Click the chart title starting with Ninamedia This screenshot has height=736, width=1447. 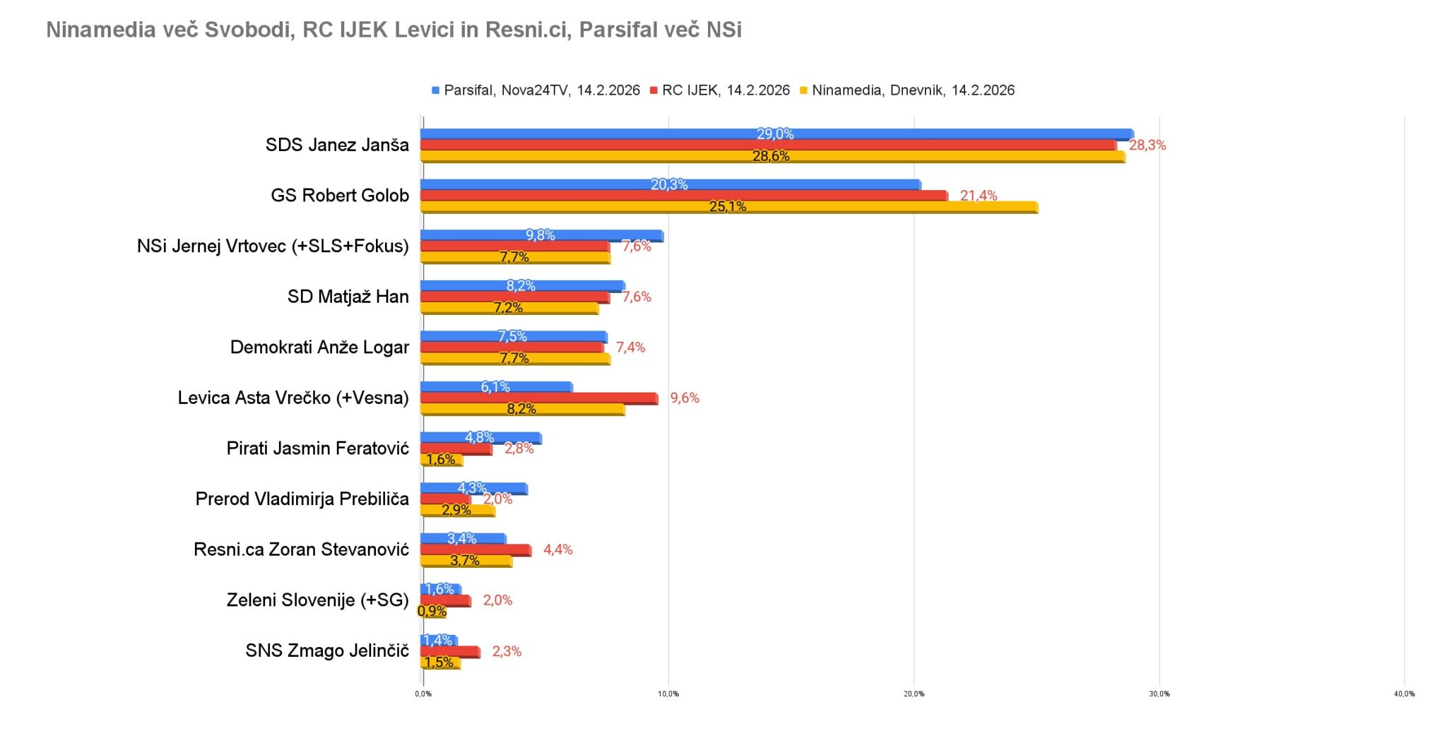[394, 30]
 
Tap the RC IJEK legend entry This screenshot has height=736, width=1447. [720, 90]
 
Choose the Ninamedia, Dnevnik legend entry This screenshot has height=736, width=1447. [907, 90]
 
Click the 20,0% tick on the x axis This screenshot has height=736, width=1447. [914, 694]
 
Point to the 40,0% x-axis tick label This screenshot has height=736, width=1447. [1404, 694]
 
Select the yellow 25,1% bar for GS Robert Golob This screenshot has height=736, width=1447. [729, 207]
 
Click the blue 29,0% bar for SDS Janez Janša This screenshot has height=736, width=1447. [777, 134]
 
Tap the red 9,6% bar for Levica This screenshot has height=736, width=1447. [539, 398]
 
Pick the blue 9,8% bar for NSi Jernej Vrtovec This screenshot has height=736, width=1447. [542, 236]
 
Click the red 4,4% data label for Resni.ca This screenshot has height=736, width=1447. [557, 550]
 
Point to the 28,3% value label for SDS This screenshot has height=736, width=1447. [1147, 146]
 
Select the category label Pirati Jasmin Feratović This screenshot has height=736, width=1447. [318, 449]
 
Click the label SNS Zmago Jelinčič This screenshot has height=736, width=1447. [327, 651]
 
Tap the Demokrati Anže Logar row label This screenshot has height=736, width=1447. [319, 348]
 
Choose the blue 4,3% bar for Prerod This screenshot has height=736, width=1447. [474, 489]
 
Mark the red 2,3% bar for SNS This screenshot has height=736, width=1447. [450, 652]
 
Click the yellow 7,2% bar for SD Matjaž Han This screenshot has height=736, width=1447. [509, 308]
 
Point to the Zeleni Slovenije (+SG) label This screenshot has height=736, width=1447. [318, 600]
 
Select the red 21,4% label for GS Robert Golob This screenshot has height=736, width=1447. [979, 196]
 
